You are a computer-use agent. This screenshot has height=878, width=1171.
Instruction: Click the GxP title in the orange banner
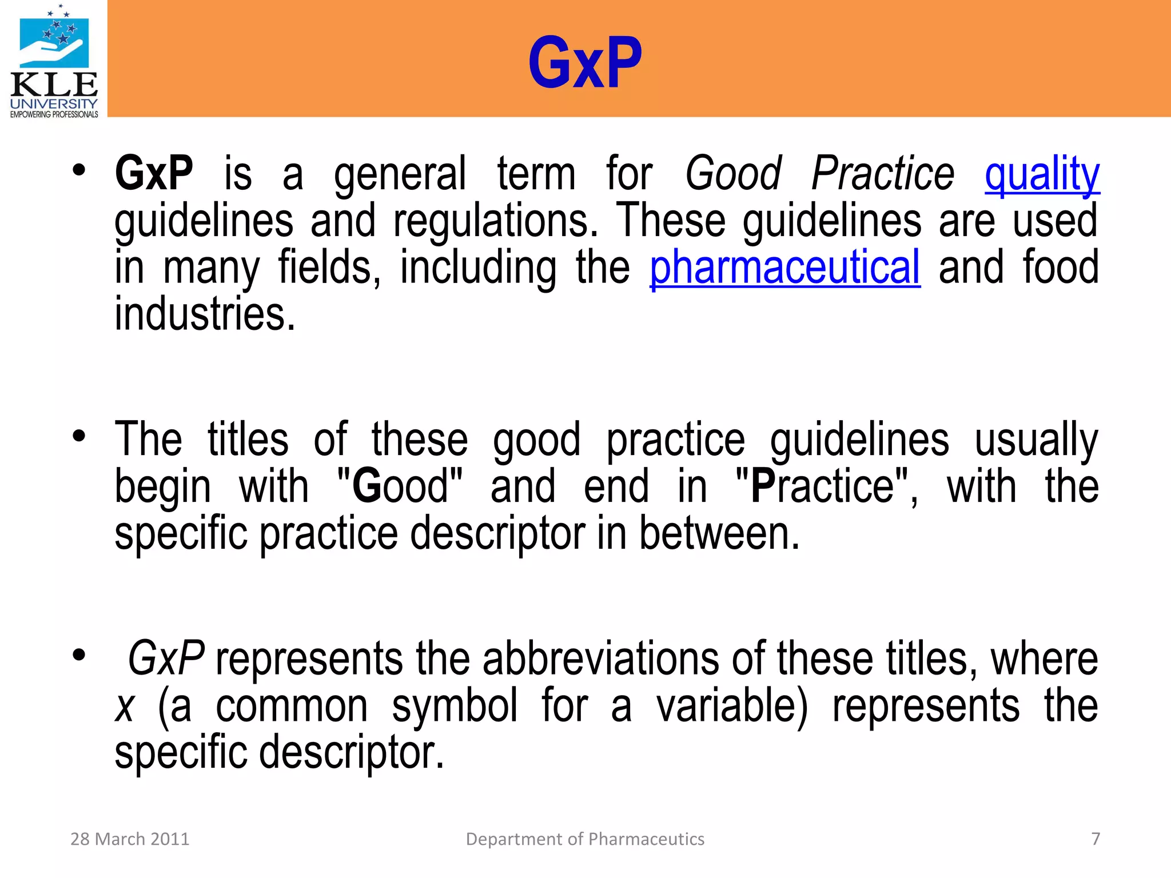tap(585, 63)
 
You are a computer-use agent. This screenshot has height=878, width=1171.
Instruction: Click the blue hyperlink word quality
tap(1042, 174)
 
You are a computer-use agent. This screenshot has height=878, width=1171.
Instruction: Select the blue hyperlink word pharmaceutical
tap(785, 268)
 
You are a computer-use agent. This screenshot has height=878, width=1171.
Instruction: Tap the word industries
tap(205, 314)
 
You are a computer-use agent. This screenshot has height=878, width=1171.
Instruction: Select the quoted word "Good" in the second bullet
tap(400, 486)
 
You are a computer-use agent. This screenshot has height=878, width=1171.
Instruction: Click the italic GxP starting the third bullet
tap(166, 658)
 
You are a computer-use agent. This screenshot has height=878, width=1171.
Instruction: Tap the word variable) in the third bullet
tap(732, 705)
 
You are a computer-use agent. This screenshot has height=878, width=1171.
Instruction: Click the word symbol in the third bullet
tap(455, 705)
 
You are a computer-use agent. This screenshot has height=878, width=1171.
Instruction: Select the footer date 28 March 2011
tap(130, 839)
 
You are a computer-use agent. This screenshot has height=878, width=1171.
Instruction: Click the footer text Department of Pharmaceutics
tap(585, 839)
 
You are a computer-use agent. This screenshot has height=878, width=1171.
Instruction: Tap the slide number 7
tap(1096, 839)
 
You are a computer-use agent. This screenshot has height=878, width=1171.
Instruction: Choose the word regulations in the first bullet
tap(495, 221)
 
